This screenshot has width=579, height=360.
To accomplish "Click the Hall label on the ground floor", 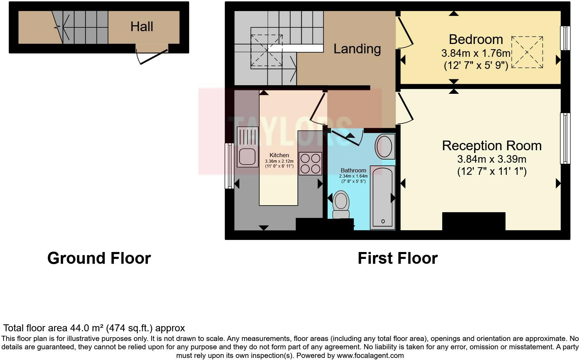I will coord(142,27).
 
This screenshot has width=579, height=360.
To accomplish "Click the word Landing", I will coord(357,49).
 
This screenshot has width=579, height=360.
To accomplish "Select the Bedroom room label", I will coord(475,39).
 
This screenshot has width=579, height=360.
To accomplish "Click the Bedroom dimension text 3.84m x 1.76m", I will coord(475,53).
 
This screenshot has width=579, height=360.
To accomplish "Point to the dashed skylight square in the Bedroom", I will coord(527,52).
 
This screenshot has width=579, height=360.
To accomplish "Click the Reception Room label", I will coord(491,146).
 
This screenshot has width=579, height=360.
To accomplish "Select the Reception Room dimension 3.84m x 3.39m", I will coord(491,159).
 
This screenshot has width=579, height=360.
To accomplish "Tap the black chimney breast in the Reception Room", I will coord(473,221).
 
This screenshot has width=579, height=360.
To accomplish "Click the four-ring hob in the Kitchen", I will coord(310,163).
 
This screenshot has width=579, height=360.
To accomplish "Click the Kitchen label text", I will coord(279,155).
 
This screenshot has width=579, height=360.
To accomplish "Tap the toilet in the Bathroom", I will coord(341,204).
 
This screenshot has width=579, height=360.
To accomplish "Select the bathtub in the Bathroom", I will coord(382,197).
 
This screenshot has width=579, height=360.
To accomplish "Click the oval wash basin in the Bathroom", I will coord(384,147).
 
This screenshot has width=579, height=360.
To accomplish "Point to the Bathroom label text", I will coord(353,170).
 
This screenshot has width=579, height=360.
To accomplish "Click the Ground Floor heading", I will coord(99,258).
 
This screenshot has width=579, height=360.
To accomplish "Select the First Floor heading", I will coord(397,258).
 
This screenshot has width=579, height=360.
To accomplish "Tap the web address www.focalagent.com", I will coord(370,355).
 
